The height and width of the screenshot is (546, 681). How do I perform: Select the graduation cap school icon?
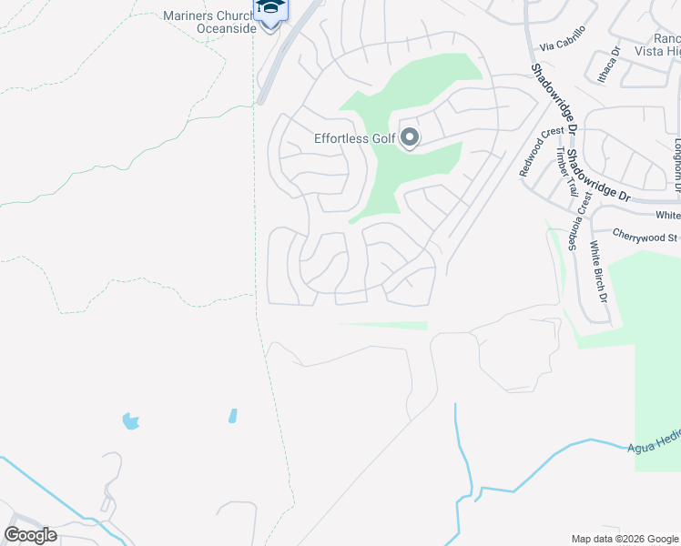(270, 8)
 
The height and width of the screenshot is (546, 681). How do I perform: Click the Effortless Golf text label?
(354, 138)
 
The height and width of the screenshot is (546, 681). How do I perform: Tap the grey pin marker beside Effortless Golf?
(410, 137)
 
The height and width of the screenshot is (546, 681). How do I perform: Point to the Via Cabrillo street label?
(562, 45)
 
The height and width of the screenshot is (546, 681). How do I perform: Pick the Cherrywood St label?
(645, 237)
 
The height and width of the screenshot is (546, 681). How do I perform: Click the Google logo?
(30, 534)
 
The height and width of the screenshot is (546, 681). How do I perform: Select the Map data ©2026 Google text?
(624, 539)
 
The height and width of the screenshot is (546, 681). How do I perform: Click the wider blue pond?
(131, 420)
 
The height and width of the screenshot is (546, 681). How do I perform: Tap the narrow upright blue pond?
(232, 416)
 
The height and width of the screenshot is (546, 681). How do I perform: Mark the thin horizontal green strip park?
(382, 325)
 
